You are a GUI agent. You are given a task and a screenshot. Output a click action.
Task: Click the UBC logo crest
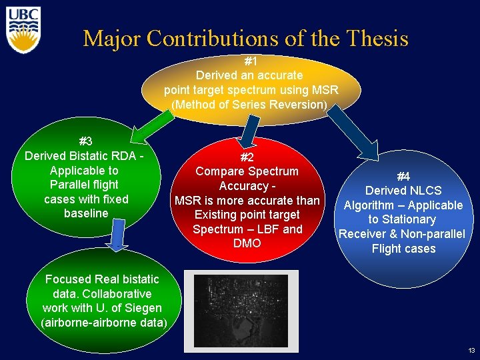(24, 30)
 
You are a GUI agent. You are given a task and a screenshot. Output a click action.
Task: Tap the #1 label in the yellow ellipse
(251, 61)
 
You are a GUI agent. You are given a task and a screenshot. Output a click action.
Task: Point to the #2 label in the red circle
(247, 157)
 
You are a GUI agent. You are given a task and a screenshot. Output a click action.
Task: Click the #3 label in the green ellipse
(85, 141)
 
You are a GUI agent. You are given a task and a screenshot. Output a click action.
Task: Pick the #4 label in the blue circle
(403, 177)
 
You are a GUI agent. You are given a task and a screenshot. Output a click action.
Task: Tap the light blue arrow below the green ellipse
(117, 233)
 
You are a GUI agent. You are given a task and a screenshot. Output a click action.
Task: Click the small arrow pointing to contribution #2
(249, 130)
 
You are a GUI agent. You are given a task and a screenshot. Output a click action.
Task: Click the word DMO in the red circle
(247, 244)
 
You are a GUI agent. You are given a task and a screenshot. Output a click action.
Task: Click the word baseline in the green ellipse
(85, 213)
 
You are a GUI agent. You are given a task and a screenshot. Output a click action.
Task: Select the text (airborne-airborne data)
(104, 323)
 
